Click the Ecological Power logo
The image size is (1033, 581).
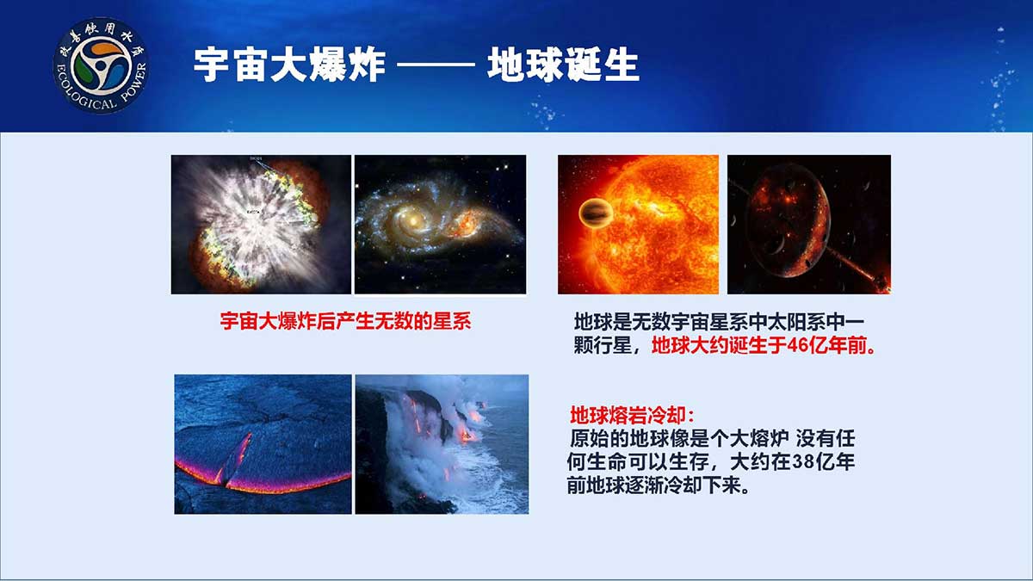point(101,65)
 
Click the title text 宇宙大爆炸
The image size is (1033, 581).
point(289,65)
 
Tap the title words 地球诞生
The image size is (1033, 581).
point(563,65)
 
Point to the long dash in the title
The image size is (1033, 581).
point(436,65)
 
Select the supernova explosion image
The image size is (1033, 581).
point(261,224)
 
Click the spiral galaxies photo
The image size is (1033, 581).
point(440,224)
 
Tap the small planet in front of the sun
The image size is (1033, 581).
point(596,213)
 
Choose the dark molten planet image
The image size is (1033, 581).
point(809,224)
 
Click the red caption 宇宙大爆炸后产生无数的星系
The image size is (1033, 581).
point(345,321)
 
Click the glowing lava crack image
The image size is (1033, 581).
point(263,444)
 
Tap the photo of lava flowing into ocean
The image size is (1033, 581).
point(442,444)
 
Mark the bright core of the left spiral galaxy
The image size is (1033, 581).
point(413,221)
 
